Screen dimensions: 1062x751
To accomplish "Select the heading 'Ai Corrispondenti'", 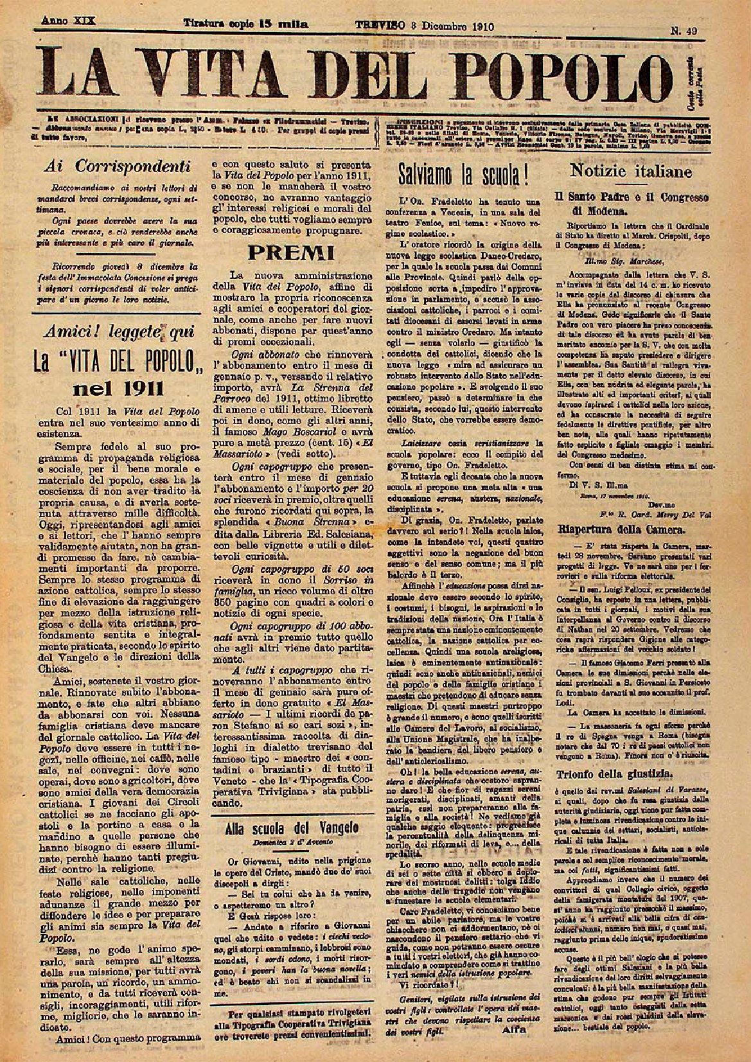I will pos(114,166).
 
